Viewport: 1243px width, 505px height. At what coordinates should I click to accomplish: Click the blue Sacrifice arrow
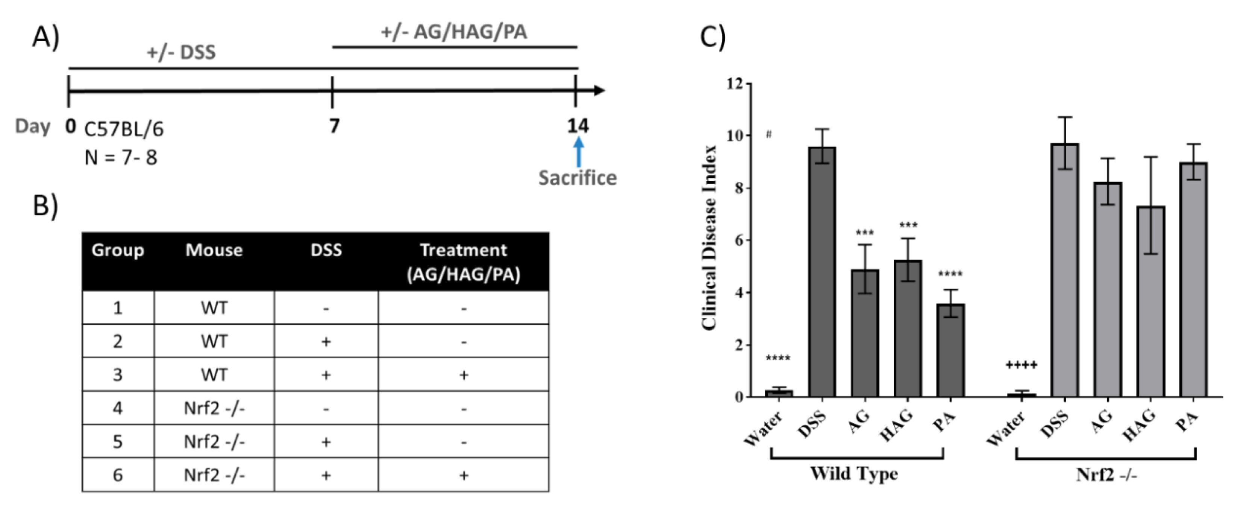(x=578, y=152)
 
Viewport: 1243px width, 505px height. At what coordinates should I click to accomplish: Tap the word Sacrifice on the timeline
(x=577, y=178)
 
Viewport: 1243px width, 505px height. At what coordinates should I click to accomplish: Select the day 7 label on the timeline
(x=334, y=126)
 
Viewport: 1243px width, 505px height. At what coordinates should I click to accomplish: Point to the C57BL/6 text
(x=124, y=129)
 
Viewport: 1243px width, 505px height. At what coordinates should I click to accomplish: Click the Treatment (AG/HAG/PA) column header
(x=463, y=262)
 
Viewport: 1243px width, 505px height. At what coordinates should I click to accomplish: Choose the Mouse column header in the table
(x=214, y=250)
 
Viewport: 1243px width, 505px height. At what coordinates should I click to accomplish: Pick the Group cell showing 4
(x=118, y=408)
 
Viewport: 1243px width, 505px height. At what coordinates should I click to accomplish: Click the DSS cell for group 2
(x=326, y=342)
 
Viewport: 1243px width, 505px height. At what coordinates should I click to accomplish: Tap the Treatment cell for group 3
(x=463, y=375)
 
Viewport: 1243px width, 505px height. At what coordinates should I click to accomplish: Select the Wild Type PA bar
(x=950, y=350)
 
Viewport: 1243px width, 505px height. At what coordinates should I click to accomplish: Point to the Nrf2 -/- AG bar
(x=1107, y=290)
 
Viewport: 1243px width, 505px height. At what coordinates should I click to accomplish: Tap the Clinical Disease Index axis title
(x=709, y=237)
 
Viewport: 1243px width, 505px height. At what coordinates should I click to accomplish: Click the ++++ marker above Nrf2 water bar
(x=1021, y=365)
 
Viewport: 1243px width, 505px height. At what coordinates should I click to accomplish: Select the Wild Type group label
(x=854, y=474)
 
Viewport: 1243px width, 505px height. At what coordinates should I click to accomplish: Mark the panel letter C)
(x=713, y=37)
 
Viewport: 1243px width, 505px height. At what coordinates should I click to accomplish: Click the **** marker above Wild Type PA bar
(x=950, y=275)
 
